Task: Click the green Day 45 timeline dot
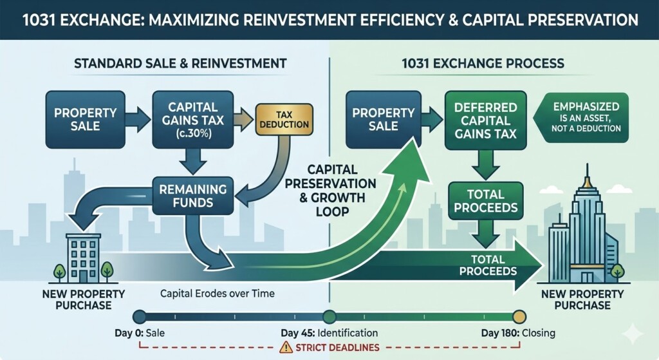[329, 317]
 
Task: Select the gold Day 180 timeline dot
[519, 317]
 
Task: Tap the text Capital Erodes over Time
[217, 294]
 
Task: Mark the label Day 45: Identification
[329, 333]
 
